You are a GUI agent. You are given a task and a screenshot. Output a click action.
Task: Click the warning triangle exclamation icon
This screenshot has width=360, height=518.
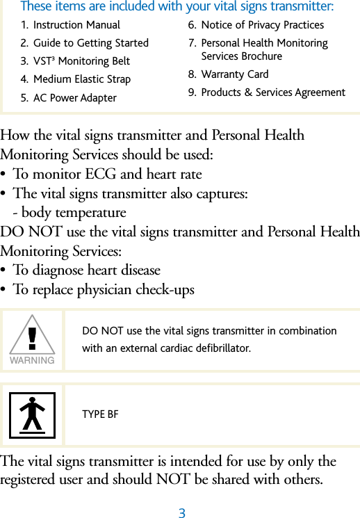point(32,335)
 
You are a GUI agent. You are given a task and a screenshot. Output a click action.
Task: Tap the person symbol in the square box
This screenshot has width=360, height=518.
point(32,415)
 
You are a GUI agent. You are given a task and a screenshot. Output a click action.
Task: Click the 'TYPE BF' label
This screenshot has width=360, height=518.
point(100,415)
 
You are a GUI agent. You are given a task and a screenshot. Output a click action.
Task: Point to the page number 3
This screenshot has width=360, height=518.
point(181,514)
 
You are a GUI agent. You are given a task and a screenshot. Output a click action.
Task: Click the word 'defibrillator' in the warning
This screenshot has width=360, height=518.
point(224,348)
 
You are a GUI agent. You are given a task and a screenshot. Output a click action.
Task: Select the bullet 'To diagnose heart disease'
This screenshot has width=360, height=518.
point(86,270)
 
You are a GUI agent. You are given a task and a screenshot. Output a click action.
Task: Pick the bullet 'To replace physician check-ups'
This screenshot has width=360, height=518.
point(104,289)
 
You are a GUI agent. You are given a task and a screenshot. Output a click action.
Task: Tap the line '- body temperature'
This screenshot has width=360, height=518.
point(69,213)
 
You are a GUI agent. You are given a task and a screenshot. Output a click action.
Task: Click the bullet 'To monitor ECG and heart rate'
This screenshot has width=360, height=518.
point(107,174)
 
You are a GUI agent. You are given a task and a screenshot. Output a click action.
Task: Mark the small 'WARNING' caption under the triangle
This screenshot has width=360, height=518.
point(32,360)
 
